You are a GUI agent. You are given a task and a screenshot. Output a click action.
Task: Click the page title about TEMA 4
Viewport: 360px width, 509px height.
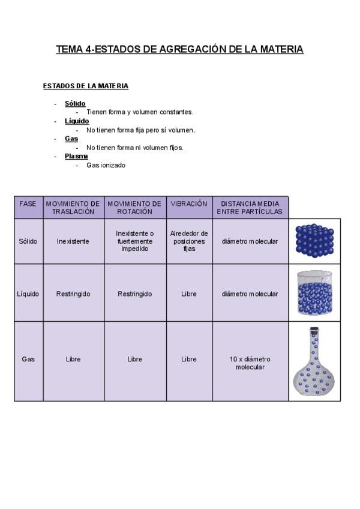(179, 49)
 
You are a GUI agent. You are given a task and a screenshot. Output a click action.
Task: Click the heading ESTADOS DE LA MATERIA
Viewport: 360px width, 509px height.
(85, 86)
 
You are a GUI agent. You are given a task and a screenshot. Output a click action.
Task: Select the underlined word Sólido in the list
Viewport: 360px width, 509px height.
(75, 103)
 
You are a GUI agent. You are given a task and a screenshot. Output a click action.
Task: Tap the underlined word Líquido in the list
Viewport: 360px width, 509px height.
(77, 121)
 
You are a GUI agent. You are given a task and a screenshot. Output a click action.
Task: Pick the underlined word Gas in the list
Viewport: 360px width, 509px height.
(71, 139)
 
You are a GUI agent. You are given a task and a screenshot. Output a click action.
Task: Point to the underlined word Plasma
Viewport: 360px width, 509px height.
(76, 156)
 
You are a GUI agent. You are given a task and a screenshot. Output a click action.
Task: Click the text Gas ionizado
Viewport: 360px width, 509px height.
(106, 165)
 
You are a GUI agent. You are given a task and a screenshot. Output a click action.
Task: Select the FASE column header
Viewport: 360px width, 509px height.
(28, 204)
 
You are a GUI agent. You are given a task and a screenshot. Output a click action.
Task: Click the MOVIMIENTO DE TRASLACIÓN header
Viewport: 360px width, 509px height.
(73, 208)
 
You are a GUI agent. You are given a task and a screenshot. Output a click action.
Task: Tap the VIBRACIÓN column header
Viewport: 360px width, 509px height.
(189, 204)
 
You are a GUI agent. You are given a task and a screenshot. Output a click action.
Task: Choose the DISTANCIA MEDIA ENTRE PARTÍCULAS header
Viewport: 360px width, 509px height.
(250, 208)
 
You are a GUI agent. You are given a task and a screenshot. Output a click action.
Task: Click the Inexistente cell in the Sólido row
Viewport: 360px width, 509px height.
(73, 241)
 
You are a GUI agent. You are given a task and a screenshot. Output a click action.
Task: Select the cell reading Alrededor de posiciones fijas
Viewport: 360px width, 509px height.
(189, 241)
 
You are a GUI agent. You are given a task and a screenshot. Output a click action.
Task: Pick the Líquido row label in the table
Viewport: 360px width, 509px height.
(28, 294)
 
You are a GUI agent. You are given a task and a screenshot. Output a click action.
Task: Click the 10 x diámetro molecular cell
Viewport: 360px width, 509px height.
(250, 363)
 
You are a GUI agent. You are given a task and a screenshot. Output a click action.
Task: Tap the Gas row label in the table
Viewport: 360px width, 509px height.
(28, 360)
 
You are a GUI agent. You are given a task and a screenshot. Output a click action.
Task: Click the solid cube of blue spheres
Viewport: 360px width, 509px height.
(314, 241)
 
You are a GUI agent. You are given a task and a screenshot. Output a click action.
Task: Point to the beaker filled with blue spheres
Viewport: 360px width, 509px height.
(314, 293)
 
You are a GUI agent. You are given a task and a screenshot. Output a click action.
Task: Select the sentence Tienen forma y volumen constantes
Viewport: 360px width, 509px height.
(140, 112)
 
